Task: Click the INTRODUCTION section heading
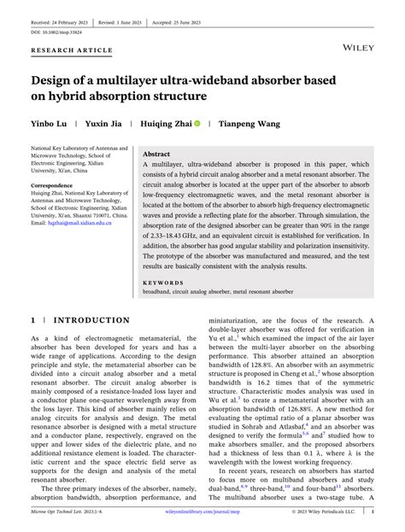[81, 320]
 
